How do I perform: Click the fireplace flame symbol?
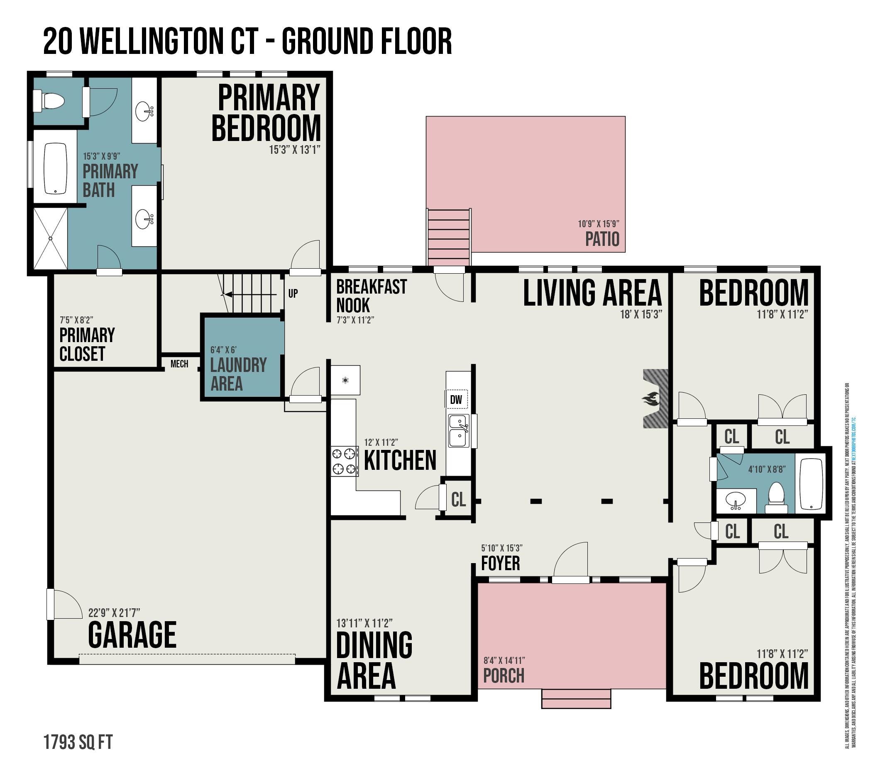[x=651, y=399]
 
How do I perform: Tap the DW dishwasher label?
[x=456, y=400]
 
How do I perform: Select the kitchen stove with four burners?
[x=345, y=462]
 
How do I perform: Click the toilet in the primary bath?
[x=49, y=101]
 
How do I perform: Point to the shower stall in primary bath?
[x=51, y=238]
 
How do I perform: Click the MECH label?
[x=179, y=364]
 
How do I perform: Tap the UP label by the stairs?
[x=293, y=293]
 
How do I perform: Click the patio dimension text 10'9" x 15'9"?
[x=598, y=224]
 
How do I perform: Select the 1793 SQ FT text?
[x=78, y=742]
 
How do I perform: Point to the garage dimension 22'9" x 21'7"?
[x=114, y=613]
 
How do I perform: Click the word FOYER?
[x=501, y=563]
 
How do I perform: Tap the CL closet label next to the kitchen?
[x=459, y=500]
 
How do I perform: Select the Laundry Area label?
[x=238, y=374]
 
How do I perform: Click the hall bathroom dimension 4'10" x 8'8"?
[x=767, y=469]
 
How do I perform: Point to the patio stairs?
[x=449, y=238]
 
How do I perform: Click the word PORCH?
[x=504, y=675]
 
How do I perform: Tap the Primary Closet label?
[x=87, y=344]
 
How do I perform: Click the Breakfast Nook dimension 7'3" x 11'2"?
[x=355, y=320]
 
